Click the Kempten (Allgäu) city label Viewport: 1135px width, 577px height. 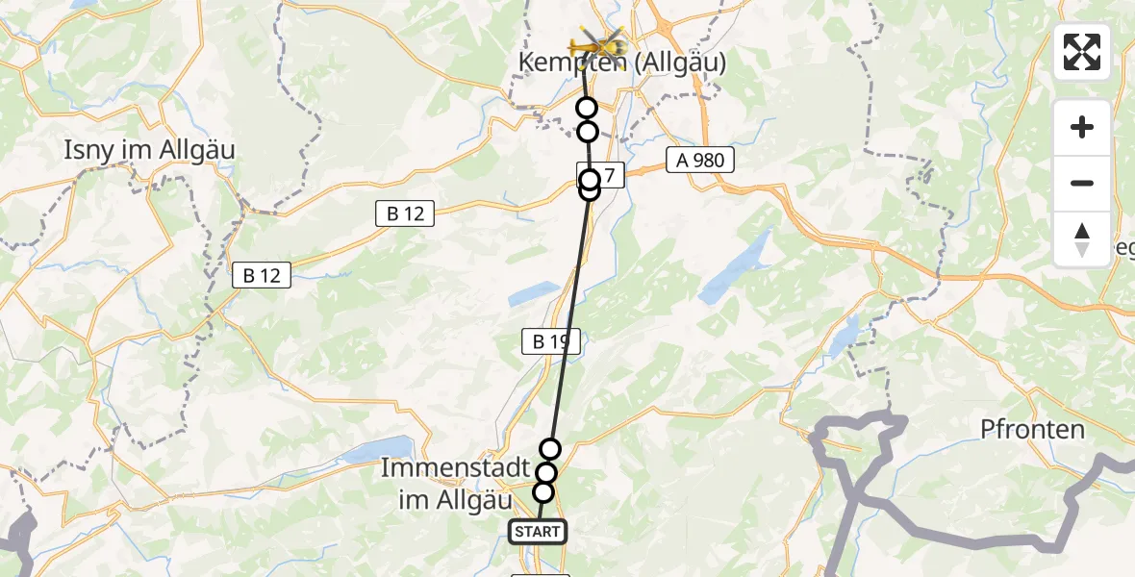[x=622, y=63]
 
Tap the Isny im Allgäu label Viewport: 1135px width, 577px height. [x=149, y=150]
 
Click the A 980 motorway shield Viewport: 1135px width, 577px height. [x=700, y=161]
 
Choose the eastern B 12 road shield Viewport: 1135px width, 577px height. [x=405, y=214]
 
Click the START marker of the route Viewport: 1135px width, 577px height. [x=538, y=532]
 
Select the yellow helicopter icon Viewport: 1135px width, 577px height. [x=597, y=43]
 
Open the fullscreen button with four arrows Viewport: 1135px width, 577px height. [x=1082, y=52]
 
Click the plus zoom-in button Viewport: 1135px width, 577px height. [x=1082, y=127]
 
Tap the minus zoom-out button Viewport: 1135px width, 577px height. [x=1082, y=183]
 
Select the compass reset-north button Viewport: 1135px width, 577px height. [x=1082, y=238]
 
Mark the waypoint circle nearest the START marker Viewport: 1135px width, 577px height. [x=543, y=492]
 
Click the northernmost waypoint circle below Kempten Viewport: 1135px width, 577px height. [x=587, y=109]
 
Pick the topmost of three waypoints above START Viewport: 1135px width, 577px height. [x=550, y=449]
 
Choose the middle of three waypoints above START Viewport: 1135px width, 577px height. [x=546, y=473]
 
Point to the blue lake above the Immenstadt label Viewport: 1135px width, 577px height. [x=370, y=453]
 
